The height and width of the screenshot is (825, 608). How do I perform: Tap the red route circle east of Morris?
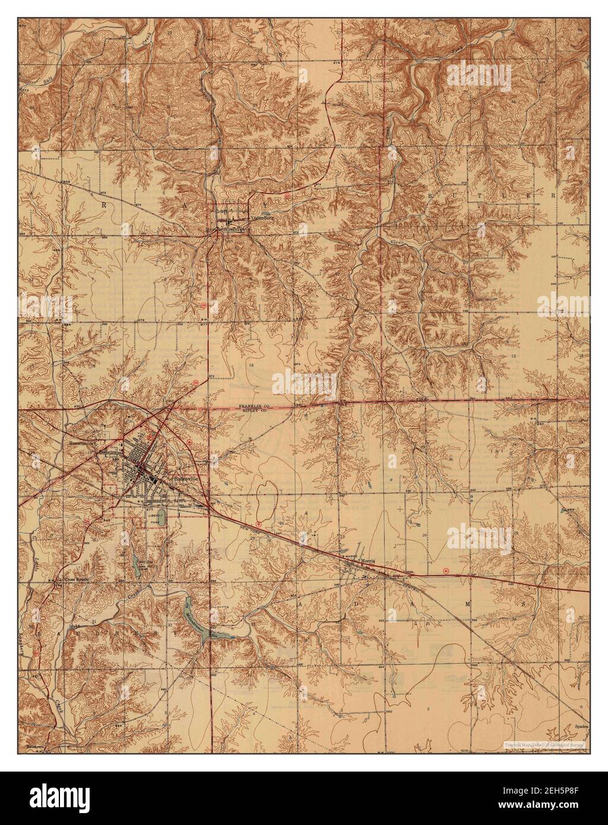pos(446,570)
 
